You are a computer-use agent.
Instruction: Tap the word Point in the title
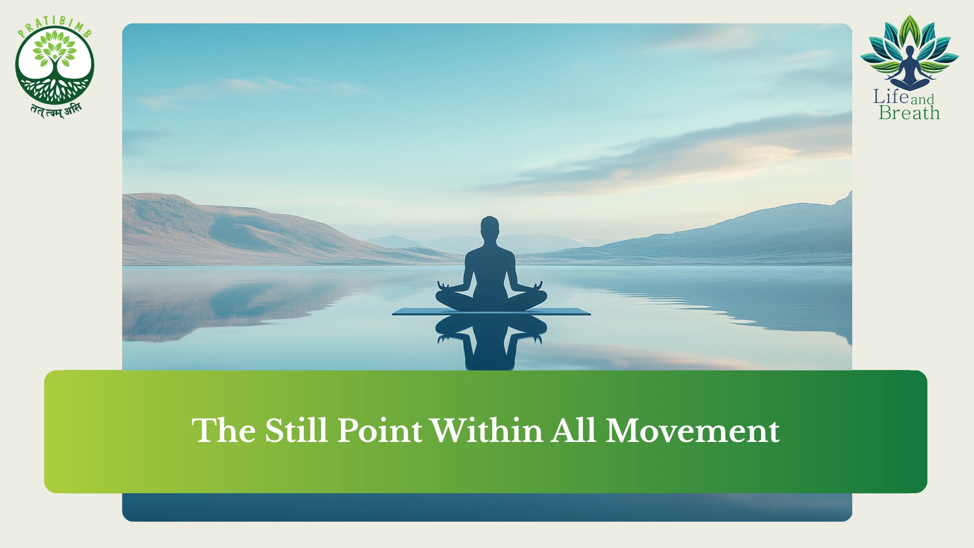pos(379,431)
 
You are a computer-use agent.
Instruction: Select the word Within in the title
pos(487,431)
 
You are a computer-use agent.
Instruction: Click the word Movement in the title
pos(692,431)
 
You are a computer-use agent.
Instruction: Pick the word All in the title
pos(574,431)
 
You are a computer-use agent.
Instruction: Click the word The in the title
pos(224,431)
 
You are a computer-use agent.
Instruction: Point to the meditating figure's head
pos(490,229)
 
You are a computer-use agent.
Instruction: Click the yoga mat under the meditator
pos(491,311)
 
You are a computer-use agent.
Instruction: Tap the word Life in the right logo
pos(891,96)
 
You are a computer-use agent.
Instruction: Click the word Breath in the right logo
pos(909,113)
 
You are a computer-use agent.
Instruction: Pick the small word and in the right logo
pos(922,99)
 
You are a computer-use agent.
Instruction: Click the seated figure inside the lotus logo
pos(910,68)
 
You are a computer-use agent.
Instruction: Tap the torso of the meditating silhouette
pos(490,271)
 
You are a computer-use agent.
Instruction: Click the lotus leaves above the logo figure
pos(910,43)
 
